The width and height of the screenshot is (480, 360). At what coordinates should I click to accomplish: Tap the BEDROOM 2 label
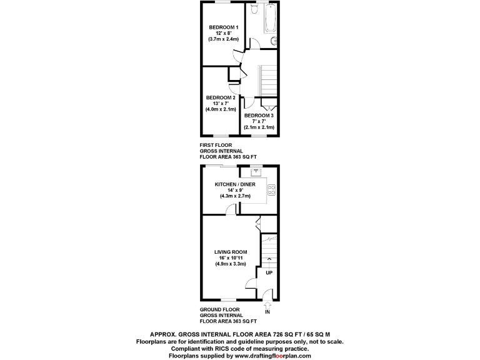coord(221,97)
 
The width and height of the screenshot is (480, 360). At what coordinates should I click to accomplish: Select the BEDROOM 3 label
coord(259,116)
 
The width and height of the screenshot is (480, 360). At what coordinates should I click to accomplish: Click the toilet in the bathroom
coord(254,9)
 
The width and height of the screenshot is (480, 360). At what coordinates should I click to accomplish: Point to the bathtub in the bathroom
coord(270,19)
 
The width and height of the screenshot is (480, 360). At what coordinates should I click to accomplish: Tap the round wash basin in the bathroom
coord(274,41)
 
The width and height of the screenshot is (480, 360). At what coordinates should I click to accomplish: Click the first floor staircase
coord(267,79)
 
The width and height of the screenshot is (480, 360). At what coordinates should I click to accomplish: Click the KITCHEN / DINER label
coord(235,184)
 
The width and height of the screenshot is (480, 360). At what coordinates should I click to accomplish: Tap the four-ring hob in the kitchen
coord(272,190)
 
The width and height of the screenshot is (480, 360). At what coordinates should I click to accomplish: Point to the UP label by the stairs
coord(269,273)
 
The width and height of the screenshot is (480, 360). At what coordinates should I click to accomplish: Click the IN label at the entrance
coord(267,312)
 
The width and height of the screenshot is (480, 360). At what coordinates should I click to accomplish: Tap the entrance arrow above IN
coord(267,304)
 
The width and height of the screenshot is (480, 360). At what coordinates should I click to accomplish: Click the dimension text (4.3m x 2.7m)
coord(235,196)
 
